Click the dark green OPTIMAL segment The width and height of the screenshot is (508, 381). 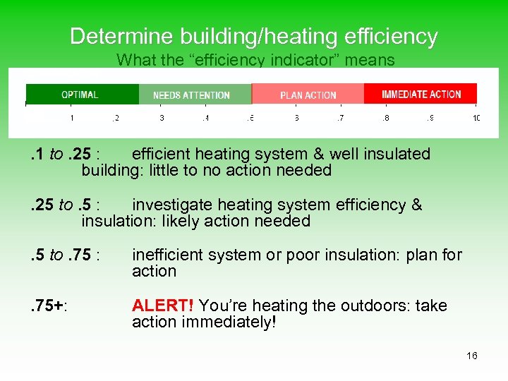pyautogui.click(x=82, y=95)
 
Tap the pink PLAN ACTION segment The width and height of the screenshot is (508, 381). pyautogui.click(x=308, y=95)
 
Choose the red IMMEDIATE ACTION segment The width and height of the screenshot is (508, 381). pyautogui.click(x=421, y=94)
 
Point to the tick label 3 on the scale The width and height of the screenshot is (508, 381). pyautogui.click(x=162, y=118)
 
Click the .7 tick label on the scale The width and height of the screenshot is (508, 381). pyautogui.click(x=340, y=118)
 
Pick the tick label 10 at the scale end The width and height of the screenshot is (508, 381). pyautogui.click(x=476, y=118)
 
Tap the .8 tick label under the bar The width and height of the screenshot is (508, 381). pyautogui.click(x=385, y=118)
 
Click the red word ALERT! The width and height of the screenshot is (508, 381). pyautogui.click(x=163, y=306)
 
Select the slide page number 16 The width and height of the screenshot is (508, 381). pyautogui.click(x=472, y=356)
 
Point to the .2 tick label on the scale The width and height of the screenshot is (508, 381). pyautogui.click(x=116, y=118)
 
